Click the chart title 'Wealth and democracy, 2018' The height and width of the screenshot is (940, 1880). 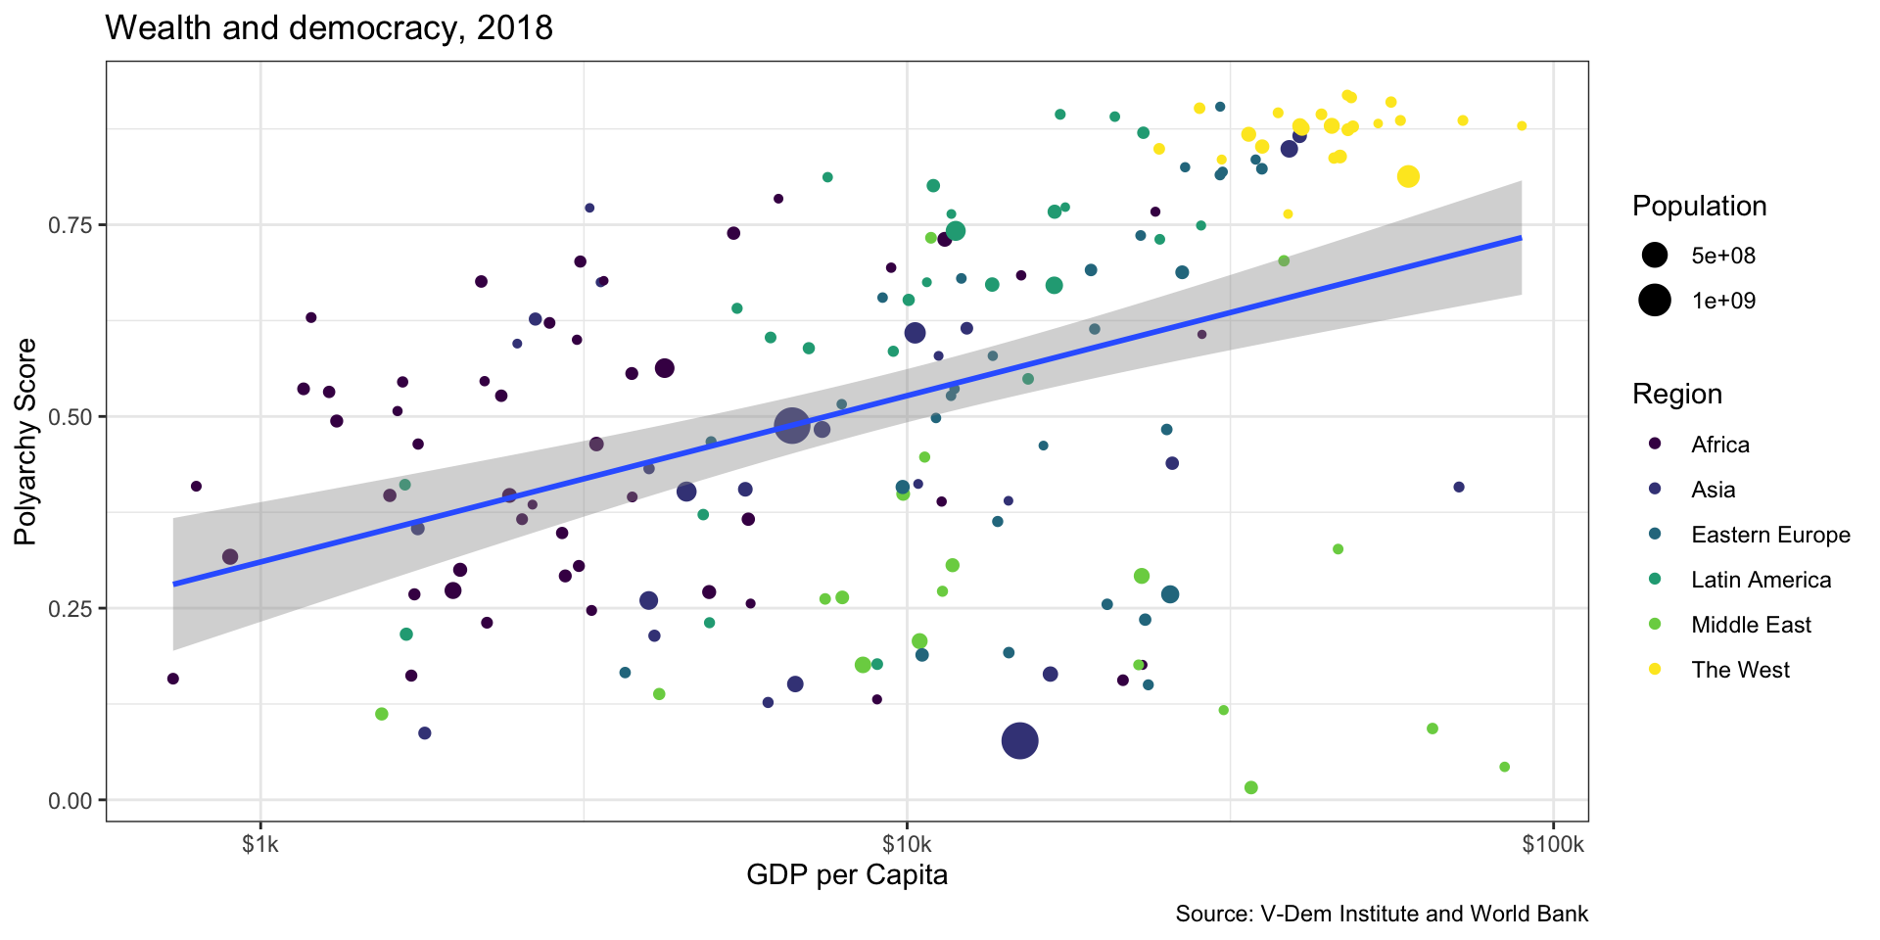pyautogui.click(x=328, y=28)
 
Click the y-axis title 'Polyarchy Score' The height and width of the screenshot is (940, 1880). pyautogui.click(x=26, y=442)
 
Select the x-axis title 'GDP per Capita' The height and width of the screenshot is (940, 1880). pyautogui.click(x=846, y=874)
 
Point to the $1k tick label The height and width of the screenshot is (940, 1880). pyautogui.click(x=260, y=844)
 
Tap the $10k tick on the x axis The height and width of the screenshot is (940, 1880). pyautogui.click(x=907, y=844)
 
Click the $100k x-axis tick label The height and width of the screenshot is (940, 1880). pyautogui.click(x=1552, y=844)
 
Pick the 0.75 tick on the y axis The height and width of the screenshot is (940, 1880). pyautogui.click(x=70, y=225)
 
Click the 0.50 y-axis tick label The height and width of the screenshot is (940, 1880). pyautogui.click(x=70, y=417)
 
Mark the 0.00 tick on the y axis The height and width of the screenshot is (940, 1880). pyautogui.click(x=70, y=801)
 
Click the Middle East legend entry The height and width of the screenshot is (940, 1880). pyautogui.click(x=1751, y=625)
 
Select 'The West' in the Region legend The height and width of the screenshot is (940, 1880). pyautogui.click(x=1740, y=670)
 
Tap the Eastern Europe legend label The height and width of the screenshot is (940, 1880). pyautogui.click(x=1770, y=535)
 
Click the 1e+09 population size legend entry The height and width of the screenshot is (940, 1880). pyautogui.click(x=1723, y=301)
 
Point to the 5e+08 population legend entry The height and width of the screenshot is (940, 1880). pyautogui.click(x=1723, y=256)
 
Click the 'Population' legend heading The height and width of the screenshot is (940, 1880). pyautogui.click(x=1699, y=207)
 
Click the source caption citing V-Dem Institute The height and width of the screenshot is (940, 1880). pyautogui.click(x=1381, y=914)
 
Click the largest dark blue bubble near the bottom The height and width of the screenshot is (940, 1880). pyautogui.click(x=1020, y=741)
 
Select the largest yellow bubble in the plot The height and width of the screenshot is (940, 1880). pyautogui.click(x=1408, y=177)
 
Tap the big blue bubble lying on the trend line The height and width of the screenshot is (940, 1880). pyautogui.click(x=792, y=425)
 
